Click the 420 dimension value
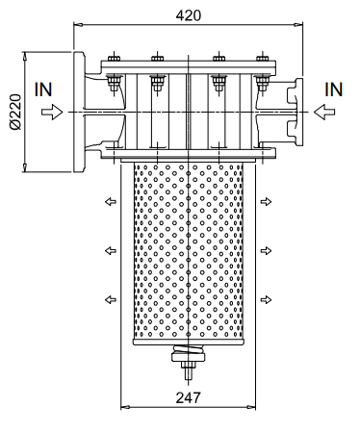[x=189, y=15]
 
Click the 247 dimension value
[x=189, y=397]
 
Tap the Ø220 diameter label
[x=15, y=112]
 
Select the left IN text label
[x=43, y=89]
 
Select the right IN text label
[x=334, y=89]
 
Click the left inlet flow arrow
[x=52, y=112]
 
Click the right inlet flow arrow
[x=324, y=112]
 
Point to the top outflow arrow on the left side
[x=111, y=202]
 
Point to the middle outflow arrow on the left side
[x=111, y=250]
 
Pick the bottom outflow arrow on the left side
[x=111, y=299]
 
